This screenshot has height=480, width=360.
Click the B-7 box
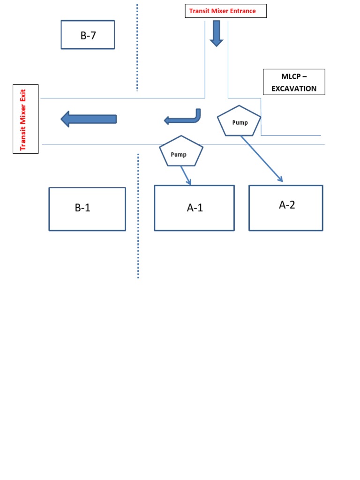click(x=88, y=35)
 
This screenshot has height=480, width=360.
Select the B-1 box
click(x=87, y=209)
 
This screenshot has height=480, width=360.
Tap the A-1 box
click(x=194, y=208)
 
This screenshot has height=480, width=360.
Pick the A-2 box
click(x=286, y=208)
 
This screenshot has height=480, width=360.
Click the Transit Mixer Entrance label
click(x=225, y=11)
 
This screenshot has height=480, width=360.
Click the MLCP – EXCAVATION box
click(x=294, y=82)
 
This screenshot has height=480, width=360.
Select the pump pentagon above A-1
click(x=181, y=151)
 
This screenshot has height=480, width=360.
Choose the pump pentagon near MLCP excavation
click(x=239, y=121)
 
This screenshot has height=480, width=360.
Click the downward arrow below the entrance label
click(x=217, y=33)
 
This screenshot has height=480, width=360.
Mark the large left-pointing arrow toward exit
click(x=89, y=119)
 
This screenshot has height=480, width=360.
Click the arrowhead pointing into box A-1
click(x=188, y=181)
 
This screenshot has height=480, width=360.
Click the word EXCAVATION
click(x=294, y=89)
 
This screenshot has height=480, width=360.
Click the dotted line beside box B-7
click(x=137, y=47)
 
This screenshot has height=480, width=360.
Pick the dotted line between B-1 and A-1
click(x=138, y=216)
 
